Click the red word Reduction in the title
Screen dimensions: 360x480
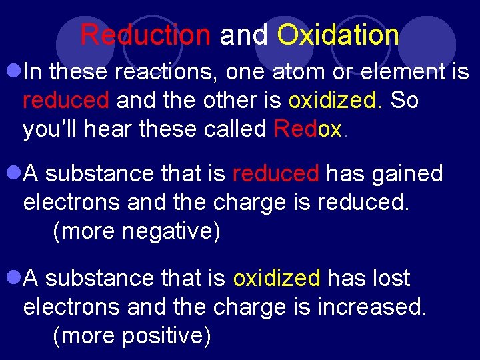pyautogui.click(x=145, y=35)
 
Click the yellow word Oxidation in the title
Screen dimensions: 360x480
pyautogui.click(x=338, y=35)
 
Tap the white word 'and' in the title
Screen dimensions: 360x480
pyautogui.click(x=243, y=35)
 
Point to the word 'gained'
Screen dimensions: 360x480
pyautogui.click(x=408, y=174)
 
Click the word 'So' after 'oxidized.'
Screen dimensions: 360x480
pyautogui.click(x=405, y=100)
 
